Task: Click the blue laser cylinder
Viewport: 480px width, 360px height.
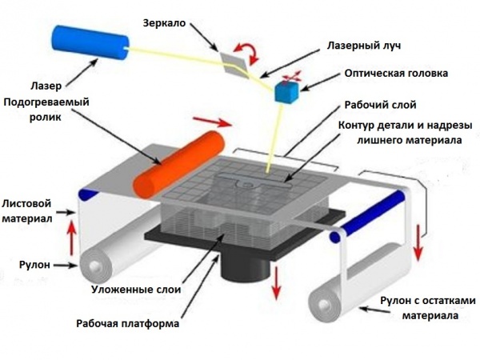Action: (90, 42)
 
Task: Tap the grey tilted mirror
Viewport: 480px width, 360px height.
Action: (234, 65)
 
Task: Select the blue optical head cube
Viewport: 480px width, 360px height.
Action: (287, 91)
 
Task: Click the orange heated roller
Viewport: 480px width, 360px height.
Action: (179, 164)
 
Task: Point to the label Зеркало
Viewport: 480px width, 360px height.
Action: (164, 23)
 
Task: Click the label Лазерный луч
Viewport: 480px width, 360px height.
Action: (364, 46)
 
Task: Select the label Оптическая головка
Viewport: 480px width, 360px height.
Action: (396, 74)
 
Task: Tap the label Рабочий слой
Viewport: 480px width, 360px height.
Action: (380, 105)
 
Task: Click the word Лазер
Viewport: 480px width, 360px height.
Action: (46, 86)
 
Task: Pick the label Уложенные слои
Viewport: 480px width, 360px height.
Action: (136, 290)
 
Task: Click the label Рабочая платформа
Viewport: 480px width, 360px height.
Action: (128, 323)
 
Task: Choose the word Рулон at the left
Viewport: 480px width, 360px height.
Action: (34, 265)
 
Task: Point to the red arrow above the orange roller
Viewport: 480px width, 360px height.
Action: (212, 122)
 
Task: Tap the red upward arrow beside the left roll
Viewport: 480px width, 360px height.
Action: (72, 238)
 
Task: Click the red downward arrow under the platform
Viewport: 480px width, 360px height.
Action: (277, 282)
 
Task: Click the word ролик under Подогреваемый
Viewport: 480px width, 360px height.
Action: (46, 118)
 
